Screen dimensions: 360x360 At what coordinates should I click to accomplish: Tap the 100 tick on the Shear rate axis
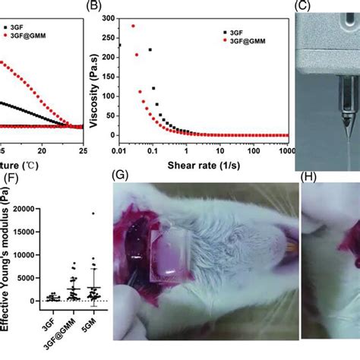pos(251,144)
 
